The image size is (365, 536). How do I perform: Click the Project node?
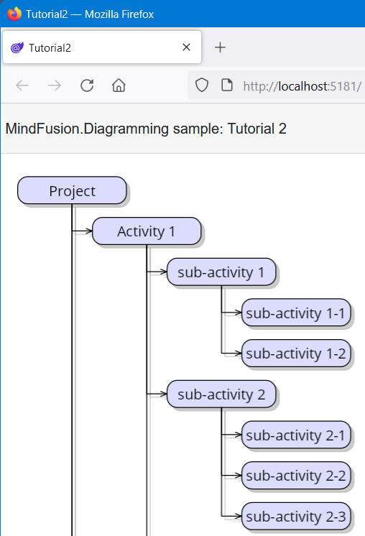point(72,190)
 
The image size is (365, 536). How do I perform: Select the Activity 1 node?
point(147,231)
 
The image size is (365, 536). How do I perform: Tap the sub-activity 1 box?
point(221,272)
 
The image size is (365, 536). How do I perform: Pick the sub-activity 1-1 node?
point(296,313)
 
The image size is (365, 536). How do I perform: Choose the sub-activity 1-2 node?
point(296,353)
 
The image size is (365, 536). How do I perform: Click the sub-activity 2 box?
point(221,394)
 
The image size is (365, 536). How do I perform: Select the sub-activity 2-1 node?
point(296,435)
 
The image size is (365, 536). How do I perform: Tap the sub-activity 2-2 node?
point(296,475)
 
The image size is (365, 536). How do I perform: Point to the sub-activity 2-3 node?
point(296,516)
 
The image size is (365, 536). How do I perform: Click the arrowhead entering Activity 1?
point(89,231)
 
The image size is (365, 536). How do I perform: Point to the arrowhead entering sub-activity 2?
point(163,394)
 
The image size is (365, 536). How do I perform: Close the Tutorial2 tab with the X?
point(186,47)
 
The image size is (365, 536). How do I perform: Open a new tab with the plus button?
point(220,47)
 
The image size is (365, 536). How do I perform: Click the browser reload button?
point(87,86)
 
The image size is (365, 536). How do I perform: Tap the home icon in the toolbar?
point(119,86)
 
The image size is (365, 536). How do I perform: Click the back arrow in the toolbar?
point(22,86)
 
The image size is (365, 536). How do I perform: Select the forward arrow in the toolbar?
point(55,86)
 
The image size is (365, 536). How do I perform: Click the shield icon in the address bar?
point(202,85)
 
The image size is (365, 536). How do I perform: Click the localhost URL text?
point(302,86)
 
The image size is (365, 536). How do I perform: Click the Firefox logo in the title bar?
point(14,14)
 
